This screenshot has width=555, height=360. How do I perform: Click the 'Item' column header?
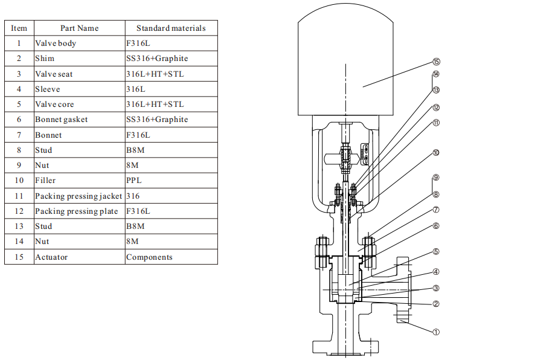point(19,28)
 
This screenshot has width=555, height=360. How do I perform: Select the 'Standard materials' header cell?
point(171,28)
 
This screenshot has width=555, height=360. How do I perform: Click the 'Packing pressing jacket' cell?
point(79,196)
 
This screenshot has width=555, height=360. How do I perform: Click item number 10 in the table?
point(19,181)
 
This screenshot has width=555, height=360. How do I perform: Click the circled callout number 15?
point(437,62)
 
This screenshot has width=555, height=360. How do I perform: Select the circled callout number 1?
point(436,332)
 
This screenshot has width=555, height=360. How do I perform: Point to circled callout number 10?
point(436,153)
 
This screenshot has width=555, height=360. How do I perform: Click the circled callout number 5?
point(436,252)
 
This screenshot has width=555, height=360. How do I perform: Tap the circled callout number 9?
point(436,178)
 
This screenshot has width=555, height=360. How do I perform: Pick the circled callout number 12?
point(436,108)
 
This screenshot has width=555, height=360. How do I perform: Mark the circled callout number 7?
point(436,210)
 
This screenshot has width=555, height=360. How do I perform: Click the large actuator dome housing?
point(345,60)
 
